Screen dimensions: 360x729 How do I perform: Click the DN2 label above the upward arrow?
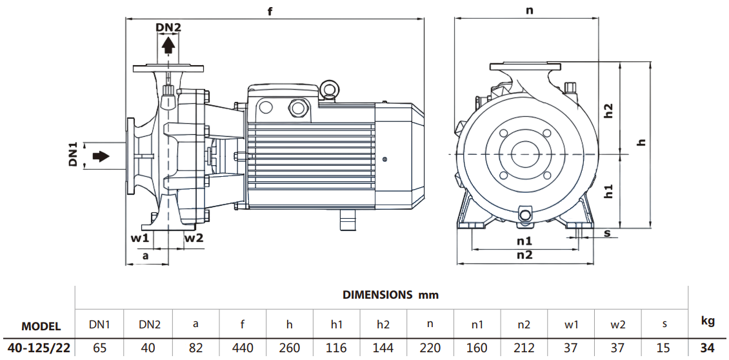click(168, 27)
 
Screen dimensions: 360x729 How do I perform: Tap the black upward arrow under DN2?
click(168, 45)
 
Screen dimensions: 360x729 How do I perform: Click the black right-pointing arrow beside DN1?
click(101, 156)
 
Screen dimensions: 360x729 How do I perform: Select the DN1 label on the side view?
click(73, 155)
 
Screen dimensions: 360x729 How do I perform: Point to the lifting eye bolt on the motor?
click(330, 89)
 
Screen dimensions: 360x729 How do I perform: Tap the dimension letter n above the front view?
click(529, 10)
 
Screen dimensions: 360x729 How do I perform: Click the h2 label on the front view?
click(608, 110)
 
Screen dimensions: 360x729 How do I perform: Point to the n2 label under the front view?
click(524, 255)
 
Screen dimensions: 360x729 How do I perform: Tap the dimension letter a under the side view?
click(145, 255)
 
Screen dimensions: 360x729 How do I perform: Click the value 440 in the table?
click(243, 348)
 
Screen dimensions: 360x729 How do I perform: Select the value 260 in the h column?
click(290, 348)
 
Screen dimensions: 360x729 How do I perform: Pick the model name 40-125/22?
click(37, 348)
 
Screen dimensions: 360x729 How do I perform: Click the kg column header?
click(708, 320)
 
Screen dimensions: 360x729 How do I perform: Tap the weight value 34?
click(708, 348)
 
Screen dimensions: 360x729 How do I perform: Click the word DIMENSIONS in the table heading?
click(377, 295)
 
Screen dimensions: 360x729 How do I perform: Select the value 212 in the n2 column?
click(524, 348)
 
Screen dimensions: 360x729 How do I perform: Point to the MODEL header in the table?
click(41, 326)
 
